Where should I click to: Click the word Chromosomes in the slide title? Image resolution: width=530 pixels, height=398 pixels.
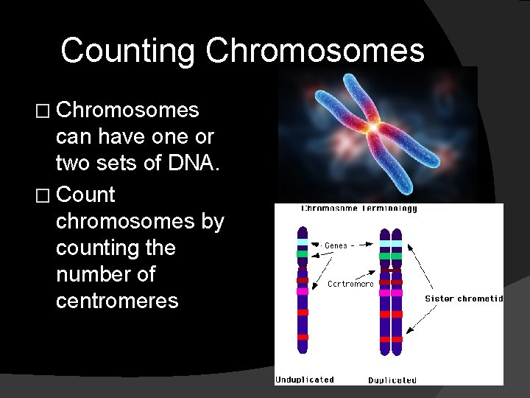(315, 52)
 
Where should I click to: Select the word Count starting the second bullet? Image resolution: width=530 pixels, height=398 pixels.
(85, 195)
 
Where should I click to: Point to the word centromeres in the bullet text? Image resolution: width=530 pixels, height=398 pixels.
(117, 301)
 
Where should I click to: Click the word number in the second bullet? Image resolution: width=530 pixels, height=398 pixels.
(105, 274)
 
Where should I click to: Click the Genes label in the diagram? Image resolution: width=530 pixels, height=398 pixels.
(335, 245)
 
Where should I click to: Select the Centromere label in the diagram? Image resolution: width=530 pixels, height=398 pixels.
(350, 284)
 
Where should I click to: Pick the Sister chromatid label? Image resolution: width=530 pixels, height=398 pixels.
(464, 298)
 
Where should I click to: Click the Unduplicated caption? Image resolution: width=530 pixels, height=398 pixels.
(305, 380)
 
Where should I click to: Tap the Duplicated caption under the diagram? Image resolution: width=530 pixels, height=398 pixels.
(392, 380)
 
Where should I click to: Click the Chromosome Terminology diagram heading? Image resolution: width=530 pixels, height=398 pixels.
(359, 209)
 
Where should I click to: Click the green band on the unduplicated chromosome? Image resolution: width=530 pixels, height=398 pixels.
(302, 254)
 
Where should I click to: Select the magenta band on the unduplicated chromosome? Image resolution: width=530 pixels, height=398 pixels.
(302, 291)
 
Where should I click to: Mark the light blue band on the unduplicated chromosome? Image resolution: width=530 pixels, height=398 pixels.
(302, 242)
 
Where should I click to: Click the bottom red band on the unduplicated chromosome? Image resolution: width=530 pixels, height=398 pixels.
(302, 338)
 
